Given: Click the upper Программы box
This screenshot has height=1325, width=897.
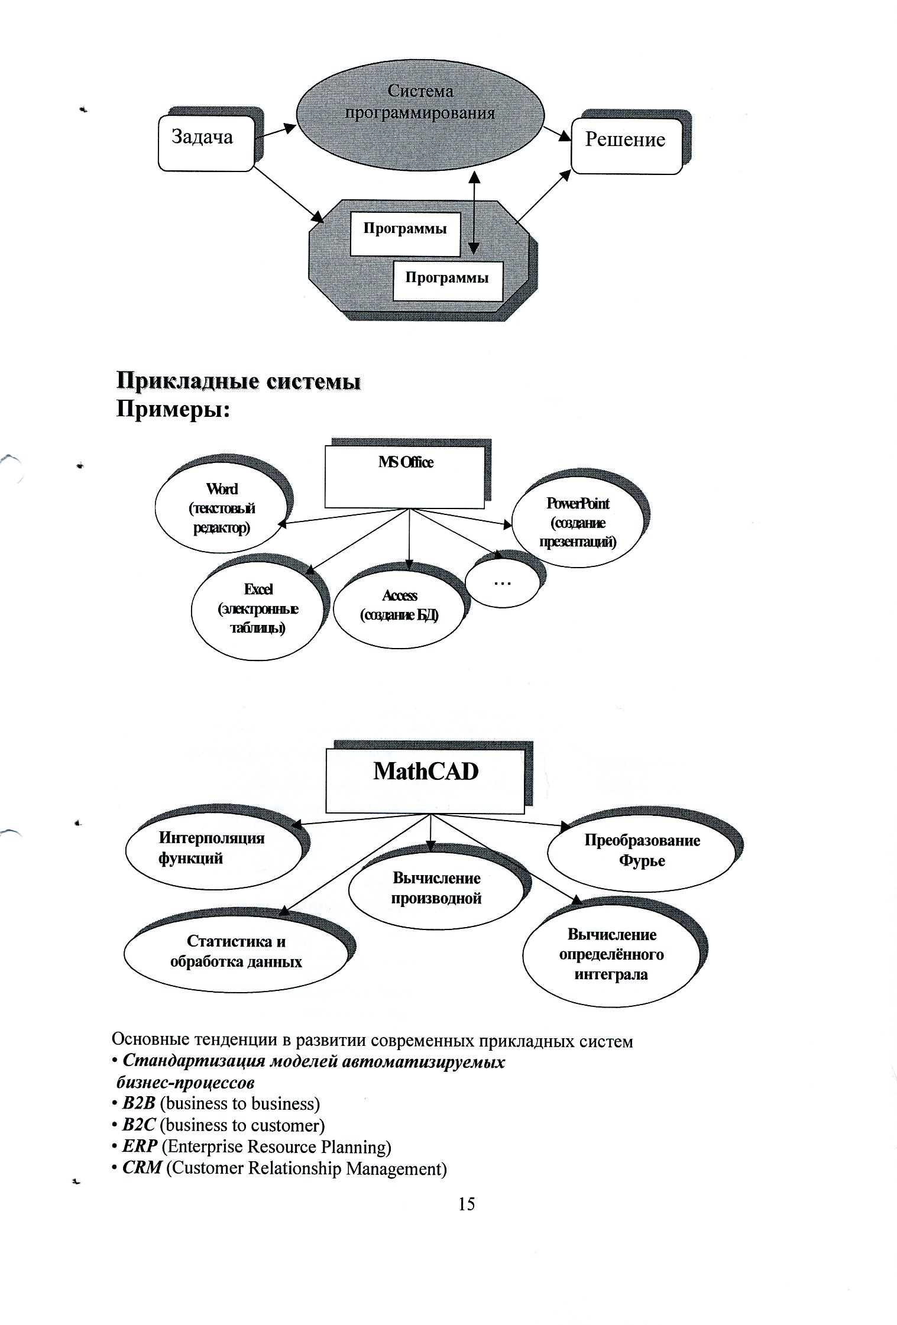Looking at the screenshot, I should pyautogui.click(x=404, y=234).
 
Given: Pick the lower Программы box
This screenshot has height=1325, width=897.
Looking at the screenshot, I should pyautogui.click(x=448, y=281).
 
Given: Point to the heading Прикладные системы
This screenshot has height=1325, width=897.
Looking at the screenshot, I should pyautogui.click(x=238, y=381).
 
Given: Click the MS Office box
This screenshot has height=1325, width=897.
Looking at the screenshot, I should pyautogui.click(x=405, y=476).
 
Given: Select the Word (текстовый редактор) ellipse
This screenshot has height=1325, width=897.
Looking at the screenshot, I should pyautogui.click(x=222, y=509).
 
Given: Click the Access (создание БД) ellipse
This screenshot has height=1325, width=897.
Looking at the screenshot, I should pyautogui.click(x=399, y=607).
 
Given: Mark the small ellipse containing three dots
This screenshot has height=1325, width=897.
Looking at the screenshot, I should pyautogui.click(x=502, y=582).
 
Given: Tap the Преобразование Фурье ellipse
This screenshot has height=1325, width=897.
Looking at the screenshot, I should pyautogui.click(x=642, y=851).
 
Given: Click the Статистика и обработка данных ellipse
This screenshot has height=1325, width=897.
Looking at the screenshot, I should pyautogui.click(x=236, y=952).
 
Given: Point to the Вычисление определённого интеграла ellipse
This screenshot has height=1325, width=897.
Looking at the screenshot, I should pyautogui.click(x=611, y=955).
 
